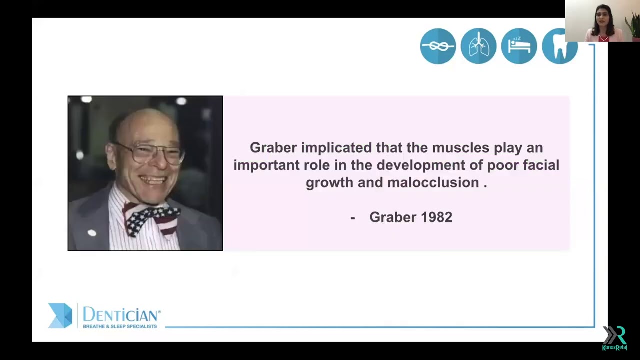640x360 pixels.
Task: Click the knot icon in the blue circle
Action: point(438,46)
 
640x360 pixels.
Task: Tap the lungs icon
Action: point(478,46)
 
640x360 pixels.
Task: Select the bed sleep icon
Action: point(519,46)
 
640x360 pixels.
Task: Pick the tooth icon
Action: point(559,46)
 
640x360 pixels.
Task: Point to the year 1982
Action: point(437,217)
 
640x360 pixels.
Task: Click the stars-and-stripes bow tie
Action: point(151,218)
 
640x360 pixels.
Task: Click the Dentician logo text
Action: point(121,315)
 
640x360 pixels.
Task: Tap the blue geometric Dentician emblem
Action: point(60,316)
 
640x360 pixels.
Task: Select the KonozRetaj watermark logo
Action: point(614,338)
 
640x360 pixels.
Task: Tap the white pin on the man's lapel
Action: point(92,233)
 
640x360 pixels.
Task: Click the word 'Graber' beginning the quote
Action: point(273,148)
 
